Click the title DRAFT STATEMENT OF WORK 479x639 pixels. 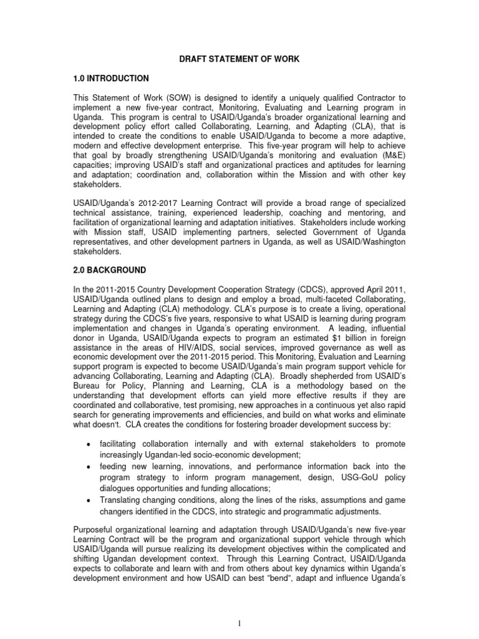(239, 59)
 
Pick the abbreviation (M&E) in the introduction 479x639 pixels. (394, 155)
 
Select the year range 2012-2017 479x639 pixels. (137, 203)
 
